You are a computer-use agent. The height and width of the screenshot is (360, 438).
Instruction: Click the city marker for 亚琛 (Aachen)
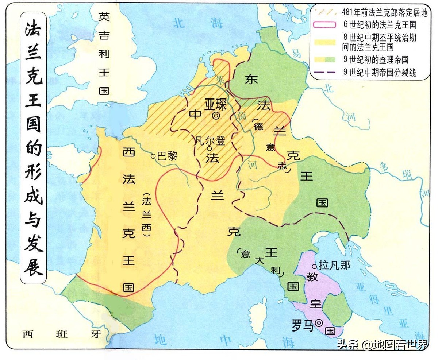[x=216, y=116]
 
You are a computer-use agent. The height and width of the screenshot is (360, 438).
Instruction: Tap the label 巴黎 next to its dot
[x=167, y=156]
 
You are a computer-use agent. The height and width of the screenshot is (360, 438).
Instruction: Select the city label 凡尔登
[x=211, y=140]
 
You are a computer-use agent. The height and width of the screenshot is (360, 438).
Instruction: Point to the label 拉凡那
[x=334, y=265]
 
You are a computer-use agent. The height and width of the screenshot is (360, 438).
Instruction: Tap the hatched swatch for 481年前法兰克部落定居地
[x=323, y=12]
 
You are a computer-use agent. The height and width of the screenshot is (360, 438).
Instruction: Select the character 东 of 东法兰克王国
[x=251, y=80]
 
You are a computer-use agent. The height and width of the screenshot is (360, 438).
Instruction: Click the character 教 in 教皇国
[x=312, y=277]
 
